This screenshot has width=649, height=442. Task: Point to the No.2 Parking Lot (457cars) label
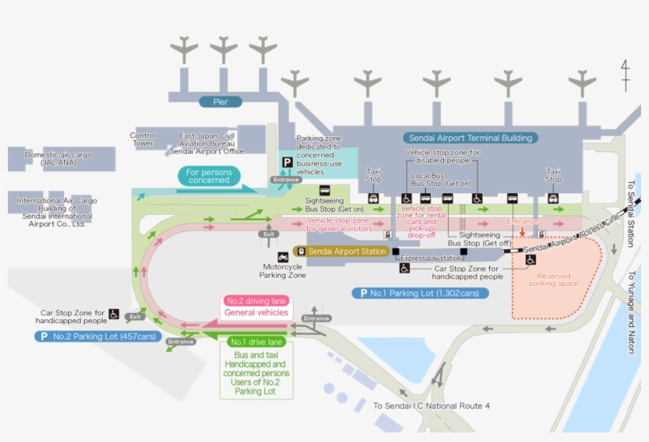(x=97, y=337)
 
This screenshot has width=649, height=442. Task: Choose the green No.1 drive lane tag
(x=256, y=341)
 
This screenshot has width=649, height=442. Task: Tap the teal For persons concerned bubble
(x=209, y=176)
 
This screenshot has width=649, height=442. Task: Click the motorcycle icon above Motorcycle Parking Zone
(x=283, y=257)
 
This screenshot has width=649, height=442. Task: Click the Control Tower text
(x=143, y=139)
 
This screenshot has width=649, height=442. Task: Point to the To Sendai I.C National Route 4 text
(x=431, y=406)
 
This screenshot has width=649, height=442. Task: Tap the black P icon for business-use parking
(x=287, y=162)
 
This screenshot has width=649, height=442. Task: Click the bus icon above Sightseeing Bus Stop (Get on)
(x=324, y=190)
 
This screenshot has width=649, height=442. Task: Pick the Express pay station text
(x=430, y=258)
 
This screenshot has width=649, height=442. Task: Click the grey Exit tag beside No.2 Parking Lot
(x=135, y=316)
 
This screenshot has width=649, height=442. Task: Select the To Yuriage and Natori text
(x=631, y=312)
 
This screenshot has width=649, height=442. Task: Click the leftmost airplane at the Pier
(x=184, y=49)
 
